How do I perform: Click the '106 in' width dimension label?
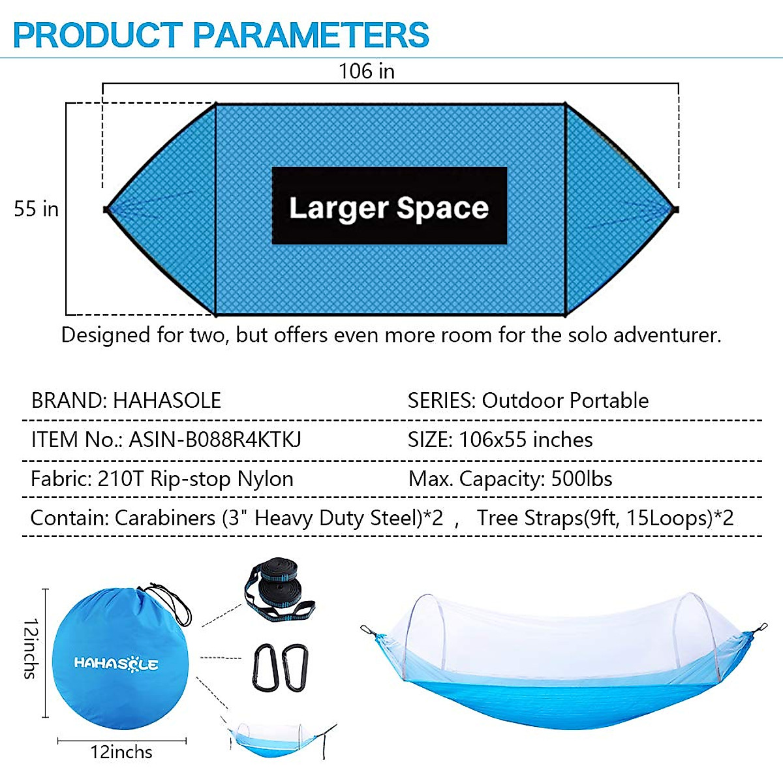367,71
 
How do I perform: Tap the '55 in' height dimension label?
36,209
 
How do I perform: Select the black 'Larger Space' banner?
390,206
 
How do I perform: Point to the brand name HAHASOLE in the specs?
167,400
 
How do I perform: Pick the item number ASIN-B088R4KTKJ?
215,440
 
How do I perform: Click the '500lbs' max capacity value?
581,479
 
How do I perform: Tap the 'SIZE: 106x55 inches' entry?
500,440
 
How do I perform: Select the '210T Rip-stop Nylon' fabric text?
196,479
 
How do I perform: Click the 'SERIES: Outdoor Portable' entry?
529,400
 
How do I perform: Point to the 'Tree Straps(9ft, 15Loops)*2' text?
606,518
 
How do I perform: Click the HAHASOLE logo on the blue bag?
116,664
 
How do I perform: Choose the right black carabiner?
296,668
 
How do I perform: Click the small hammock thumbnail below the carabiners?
279,740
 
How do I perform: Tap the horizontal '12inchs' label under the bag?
121,752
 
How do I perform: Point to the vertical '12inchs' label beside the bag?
31,649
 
